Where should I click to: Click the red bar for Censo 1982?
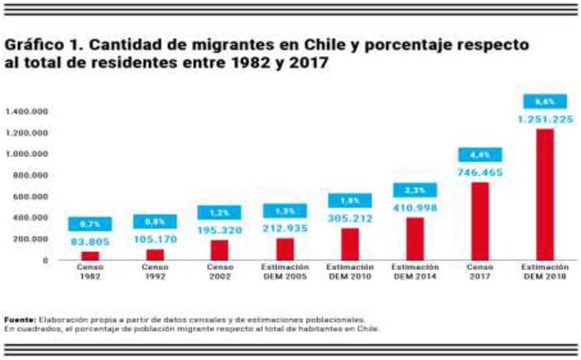tap(89, 256)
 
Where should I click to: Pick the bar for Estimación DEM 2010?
tap(349, 243)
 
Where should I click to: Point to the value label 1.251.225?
tap(545, 120)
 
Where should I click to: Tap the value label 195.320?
tap(219, 231)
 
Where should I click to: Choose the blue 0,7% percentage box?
tap(89, 224)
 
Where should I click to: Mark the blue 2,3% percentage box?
tap(415, 190)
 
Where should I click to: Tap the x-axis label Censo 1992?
tap(154, 272)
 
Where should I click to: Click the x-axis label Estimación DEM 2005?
tap(285, 272)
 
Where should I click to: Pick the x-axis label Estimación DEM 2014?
tap(415, 272)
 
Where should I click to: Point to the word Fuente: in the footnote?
tap(20, 319)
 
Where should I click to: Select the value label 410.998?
tap(415, 207)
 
